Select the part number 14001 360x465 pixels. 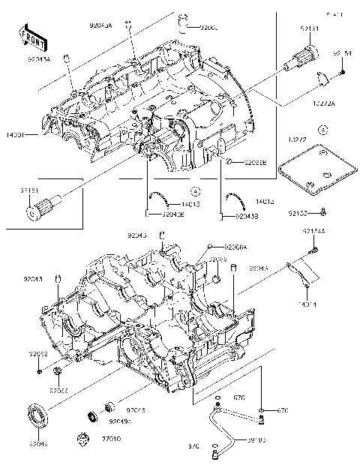pyautogui.click(x=16, y=135)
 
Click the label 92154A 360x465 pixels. pyautogui.click(x=313, y=231)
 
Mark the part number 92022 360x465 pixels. pyautogui.click(x=38, y=353)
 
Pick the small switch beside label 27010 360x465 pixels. pyautogui.click(x=85, y=436)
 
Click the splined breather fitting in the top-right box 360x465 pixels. pyautogui.click(x=304, y=55)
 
